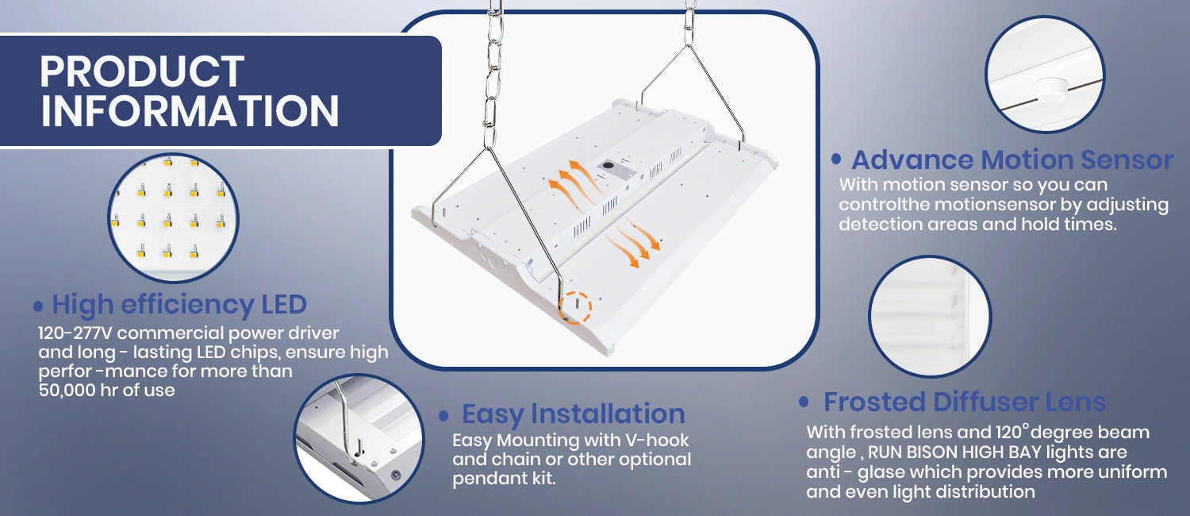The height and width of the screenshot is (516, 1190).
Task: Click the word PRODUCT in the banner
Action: click(x=142, y=71)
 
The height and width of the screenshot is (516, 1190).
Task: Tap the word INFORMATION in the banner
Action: click(x=190, y=110)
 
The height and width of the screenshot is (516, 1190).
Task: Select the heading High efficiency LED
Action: click(x=179, y=305)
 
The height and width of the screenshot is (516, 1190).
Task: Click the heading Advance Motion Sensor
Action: click(x=1012, y=160)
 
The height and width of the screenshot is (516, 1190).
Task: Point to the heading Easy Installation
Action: click(x=574, y=414)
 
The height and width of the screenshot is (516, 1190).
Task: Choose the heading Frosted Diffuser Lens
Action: click(x=965, y=402)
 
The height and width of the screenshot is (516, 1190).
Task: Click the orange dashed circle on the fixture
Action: click(x=575, y=307)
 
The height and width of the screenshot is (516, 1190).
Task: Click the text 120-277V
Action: click(x=75, y=333)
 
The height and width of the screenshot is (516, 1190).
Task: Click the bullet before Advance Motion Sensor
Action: click(x=836, y=159)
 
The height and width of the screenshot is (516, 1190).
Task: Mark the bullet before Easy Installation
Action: click(x=443, y=415)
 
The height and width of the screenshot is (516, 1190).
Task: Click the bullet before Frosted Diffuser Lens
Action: click(x=804, y=402)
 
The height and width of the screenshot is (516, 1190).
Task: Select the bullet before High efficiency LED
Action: click(x=38, y=306)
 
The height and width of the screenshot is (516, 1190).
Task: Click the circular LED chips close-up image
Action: click(x=173, y=218)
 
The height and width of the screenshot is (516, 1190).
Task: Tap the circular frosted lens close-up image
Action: click(x=930, y=317)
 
